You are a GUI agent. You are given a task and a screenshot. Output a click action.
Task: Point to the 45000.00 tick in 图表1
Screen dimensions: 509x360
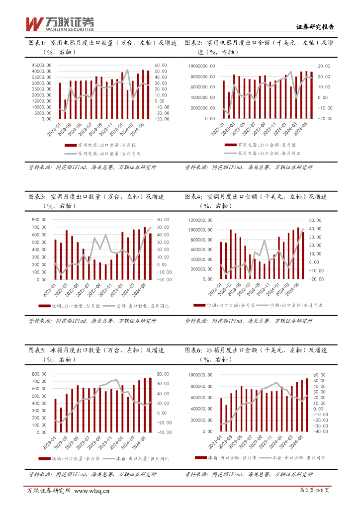[x=42, y=65]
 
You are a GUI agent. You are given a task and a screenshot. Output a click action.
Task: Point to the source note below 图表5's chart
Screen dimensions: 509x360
[x=92, y=474]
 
